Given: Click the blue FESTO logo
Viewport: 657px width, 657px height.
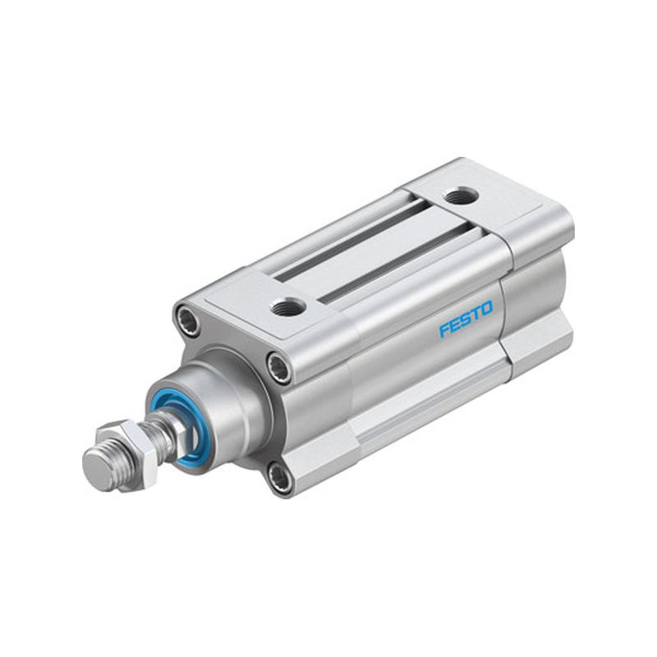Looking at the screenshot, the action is coord(466,318).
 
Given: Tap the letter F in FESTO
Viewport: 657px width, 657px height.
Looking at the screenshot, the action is coord(444,330).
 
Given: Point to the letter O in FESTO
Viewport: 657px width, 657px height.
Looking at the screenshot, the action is coord(487,308).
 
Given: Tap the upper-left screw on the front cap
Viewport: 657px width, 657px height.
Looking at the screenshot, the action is coord(186,315).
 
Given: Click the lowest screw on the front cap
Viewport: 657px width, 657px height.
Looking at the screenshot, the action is coord(278,475).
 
